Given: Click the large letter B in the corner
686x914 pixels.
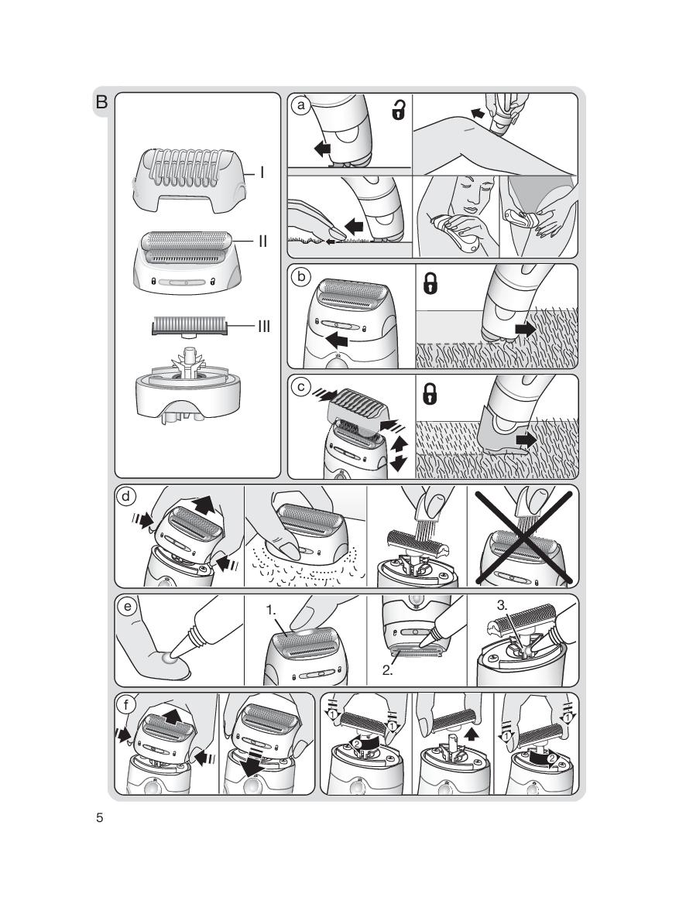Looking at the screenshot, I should [x=102, y=101].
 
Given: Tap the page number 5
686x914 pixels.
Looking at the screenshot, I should [x=99, y=819].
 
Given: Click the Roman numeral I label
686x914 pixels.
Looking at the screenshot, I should [x=262, y=173].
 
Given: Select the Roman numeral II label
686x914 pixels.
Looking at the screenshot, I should [x=262, y=241].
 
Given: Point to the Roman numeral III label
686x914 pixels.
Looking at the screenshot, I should [x=264, y=327].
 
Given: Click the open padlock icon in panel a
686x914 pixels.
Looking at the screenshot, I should [x=398, y=111].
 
